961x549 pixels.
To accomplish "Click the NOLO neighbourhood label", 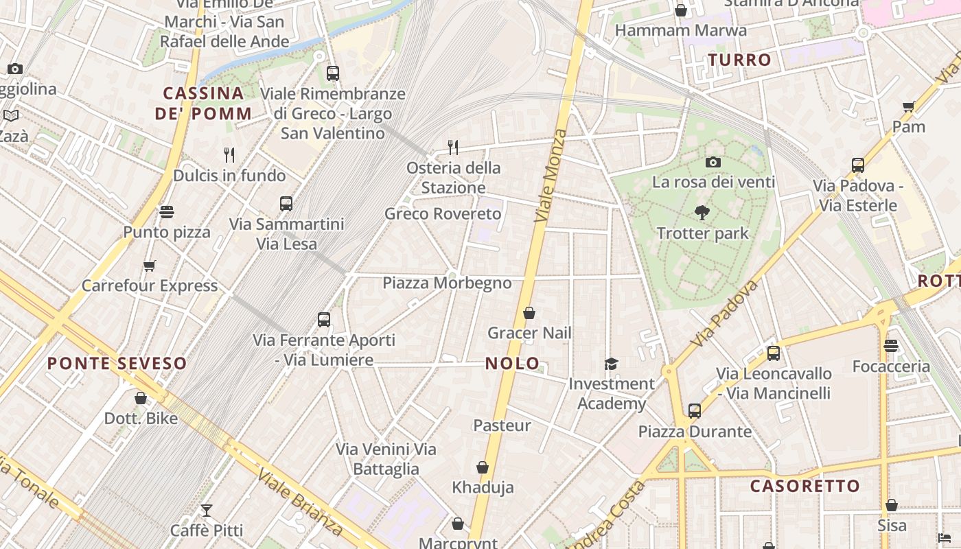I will pos(513,364).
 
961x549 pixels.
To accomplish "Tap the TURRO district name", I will pos(740,60).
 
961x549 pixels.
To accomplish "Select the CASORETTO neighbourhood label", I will pos(804,487).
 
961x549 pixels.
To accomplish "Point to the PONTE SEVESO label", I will pos(117,364).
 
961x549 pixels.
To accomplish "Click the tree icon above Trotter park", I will pos(702,213).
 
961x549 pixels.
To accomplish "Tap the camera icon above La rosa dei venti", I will pos(713,163).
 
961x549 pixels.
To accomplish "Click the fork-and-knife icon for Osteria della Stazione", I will pos(453,147).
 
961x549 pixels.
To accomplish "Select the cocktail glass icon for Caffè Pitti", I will pos(206,511).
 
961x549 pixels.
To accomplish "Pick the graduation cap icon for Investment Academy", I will pos(611,364).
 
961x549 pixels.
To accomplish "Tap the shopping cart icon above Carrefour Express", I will pos(149,266).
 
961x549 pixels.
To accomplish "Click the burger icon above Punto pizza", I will pos(167,212).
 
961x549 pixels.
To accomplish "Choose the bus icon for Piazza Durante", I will pos(695,411).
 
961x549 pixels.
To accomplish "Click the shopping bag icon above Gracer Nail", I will pos(529,314).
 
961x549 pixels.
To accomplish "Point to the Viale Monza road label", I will pos(551,175).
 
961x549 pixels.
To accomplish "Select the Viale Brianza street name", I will pos(299,502).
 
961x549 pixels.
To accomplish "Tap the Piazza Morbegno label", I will pos(447,283).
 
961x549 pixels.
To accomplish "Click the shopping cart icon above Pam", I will pos(909,107).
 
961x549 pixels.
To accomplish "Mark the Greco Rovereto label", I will pos(443,214).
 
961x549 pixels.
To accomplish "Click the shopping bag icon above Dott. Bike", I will pos(141,398).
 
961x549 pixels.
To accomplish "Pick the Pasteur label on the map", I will pos(502,425).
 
